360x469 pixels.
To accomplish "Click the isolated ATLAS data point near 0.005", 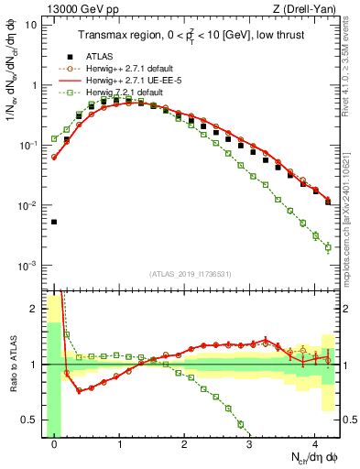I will point(54,222).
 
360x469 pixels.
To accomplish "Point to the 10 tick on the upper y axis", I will point(32,25).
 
